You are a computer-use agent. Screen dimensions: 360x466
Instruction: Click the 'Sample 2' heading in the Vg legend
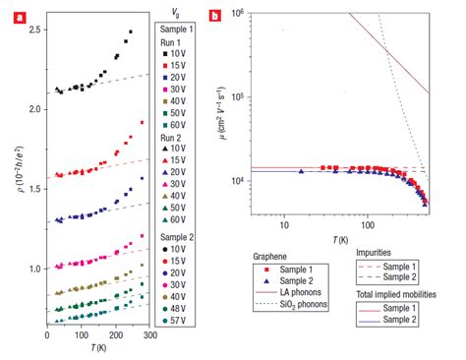click(x=179, y=231)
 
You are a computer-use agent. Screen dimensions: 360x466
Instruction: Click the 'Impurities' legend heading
click(x=373, y=252)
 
